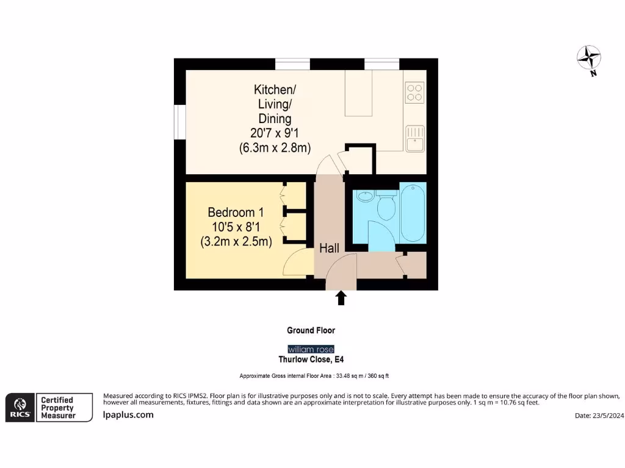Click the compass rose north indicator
coord(589,59)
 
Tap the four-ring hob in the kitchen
coord(414,91)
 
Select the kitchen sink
coord(416,136)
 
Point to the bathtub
coord(413,213)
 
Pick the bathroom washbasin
coord(365,196)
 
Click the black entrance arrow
coord(341,297)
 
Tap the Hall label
coord(330,249)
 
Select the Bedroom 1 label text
coord(236,213)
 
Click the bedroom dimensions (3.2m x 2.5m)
coord(236,241)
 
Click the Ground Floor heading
coord(311,330)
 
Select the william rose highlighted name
coord(311,349)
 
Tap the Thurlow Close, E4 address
coord(311,360)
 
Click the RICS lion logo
coord(19,406)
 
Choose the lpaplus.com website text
coord(128,415)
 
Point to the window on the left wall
coord(179,122)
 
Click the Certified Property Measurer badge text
coord(57,408)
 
